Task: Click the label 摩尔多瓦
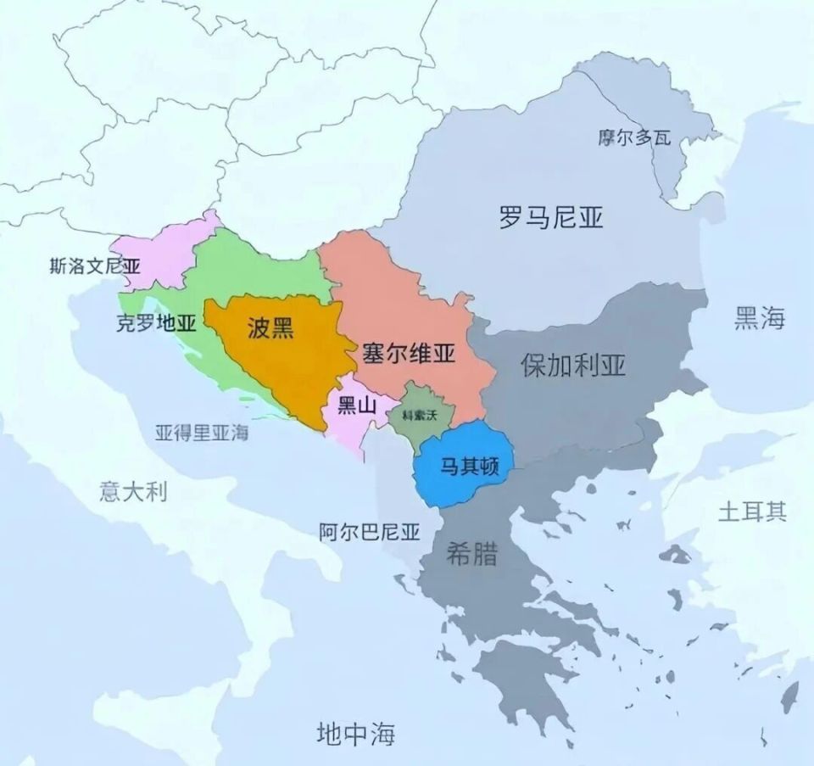click(x=632, y=137)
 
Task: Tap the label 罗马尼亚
click(x=551, y=218)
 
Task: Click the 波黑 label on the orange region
click(x=270, y=328)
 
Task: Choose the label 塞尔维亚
click(x=408, y=353)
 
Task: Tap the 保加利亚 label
click(x=574, y=365)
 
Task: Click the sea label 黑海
click(x=760, y=319)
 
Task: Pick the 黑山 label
click(x=357, y=405)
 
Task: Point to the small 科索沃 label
click(x=420, y=415)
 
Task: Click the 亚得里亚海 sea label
click(x=202, y=432)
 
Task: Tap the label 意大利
click(x=133, y=492)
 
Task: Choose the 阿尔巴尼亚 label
click(x=370, y=532)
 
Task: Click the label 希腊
click(x=471, y=555)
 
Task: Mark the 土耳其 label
click(x=753, y=512)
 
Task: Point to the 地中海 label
click(x=355, y=732)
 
